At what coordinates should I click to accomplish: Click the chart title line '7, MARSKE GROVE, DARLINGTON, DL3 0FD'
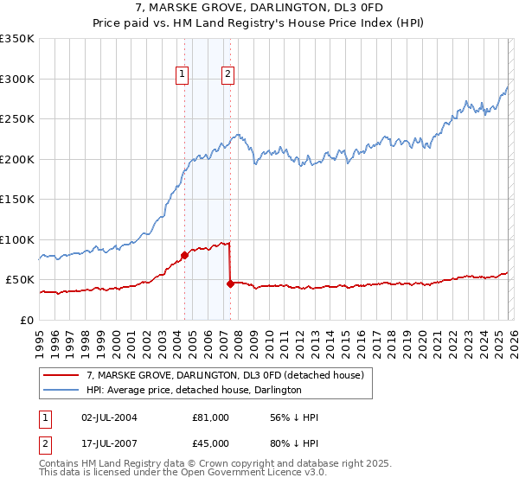259,7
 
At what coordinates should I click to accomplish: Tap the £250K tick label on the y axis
17,119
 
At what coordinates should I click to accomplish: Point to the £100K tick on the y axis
17,239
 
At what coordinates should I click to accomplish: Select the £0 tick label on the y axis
28,320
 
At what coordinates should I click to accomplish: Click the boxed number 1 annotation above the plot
183,75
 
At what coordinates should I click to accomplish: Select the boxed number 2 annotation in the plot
227,75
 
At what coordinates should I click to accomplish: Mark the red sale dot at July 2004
184,255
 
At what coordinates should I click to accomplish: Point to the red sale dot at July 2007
230,283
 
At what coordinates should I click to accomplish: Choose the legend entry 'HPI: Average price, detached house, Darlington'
193,390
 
